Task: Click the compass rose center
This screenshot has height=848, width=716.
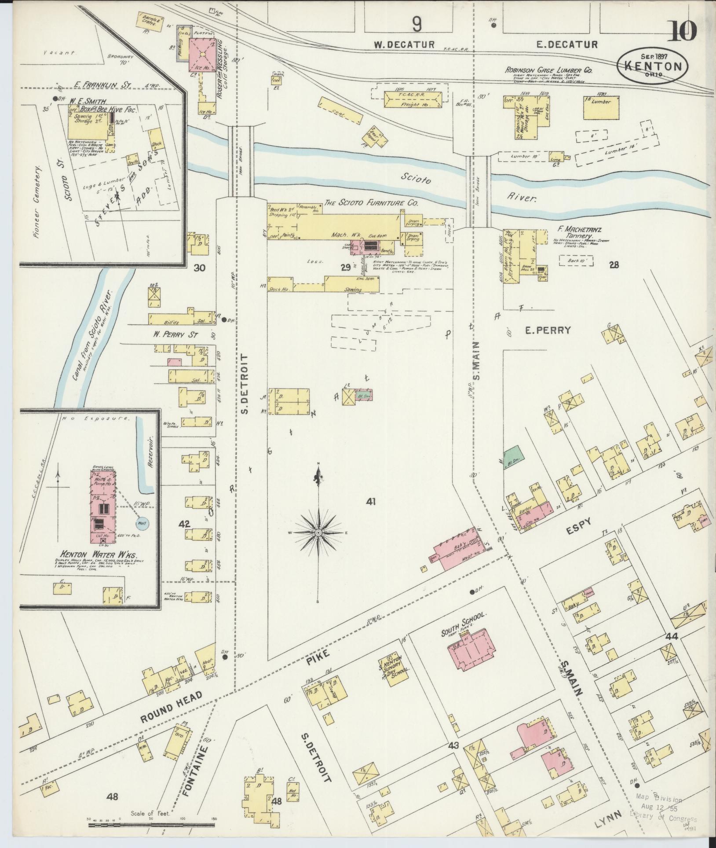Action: (317, 533)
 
